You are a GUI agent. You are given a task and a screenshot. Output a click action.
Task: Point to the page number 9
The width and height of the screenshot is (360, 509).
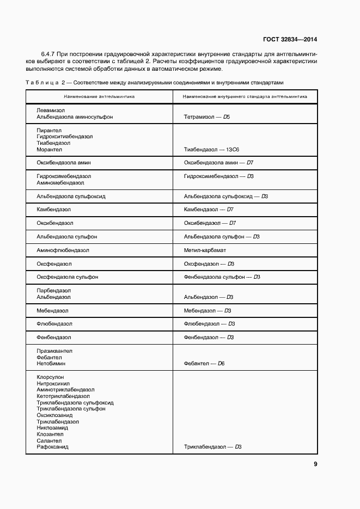pos(315,464)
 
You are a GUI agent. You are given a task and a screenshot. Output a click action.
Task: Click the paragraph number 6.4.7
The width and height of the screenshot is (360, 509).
pos(49,55)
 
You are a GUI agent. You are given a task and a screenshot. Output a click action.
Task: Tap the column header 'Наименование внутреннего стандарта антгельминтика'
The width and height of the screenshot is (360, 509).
pos(245,96)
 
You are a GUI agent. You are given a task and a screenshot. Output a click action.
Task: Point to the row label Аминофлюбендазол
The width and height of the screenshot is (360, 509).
pos(63,250)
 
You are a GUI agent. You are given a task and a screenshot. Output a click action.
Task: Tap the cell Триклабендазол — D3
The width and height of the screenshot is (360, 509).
pos(212,447)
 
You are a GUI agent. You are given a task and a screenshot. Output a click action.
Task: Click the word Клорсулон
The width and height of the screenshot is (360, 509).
pos(50,377)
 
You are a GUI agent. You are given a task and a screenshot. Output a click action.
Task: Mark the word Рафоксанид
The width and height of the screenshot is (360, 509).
pos(52,447)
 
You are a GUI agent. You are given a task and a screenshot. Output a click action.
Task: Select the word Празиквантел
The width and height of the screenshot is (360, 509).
pos(54,351)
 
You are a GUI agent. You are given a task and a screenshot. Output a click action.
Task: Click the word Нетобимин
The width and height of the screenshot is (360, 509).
pos(51,363)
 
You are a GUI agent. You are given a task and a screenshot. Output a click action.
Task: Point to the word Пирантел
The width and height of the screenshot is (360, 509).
pos(49,130)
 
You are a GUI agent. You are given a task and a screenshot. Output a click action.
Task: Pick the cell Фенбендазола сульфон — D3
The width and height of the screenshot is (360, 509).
pos(222,277)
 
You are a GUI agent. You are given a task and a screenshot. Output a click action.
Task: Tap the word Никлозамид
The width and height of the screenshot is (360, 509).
pos(53,428)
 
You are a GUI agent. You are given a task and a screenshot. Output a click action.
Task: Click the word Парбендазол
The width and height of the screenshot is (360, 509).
pos(53,291)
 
